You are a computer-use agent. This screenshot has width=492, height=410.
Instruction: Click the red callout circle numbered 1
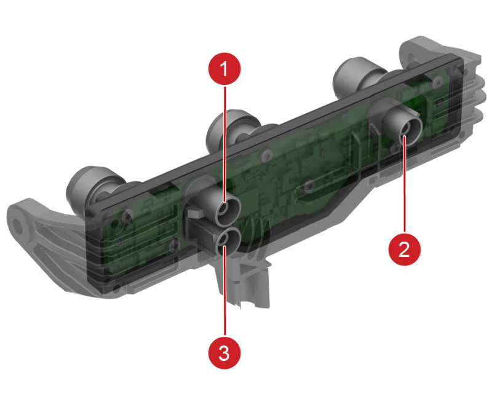224,69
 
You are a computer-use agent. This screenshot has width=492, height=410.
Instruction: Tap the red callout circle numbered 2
405,249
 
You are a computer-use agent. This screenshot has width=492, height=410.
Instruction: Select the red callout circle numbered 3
224,353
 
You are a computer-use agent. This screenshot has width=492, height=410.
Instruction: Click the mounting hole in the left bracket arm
18,224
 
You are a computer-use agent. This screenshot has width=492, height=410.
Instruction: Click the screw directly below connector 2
394,148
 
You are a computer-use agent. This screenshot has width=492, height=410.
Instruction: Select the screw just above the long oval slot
310,185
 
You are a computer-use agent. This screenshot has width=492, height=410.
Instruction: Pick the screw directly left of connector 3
173,246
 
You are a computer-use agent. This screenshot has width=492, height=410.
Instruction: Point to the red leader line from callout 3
224,292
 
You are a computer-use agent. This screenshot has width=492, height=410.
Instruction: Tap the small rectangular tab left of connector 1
194,214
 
